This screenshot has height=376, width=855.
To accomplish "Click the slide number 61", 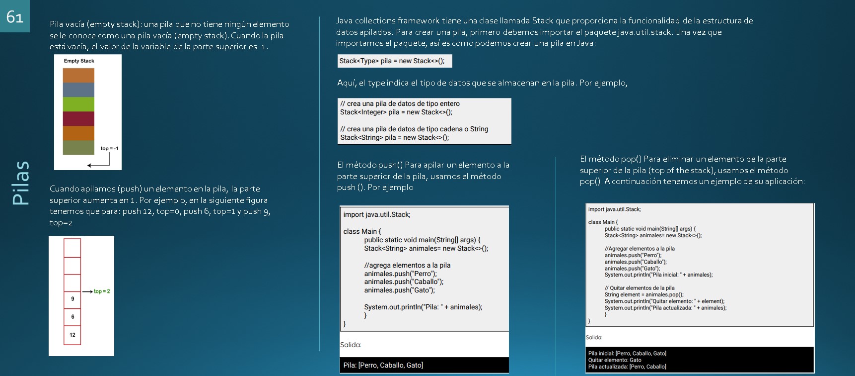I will pos(15,17).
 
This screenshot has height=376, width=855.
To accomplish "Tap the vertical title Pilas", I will pos(21,183).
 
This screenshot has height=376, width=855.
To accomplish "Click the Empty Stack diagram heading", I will pos(79,61).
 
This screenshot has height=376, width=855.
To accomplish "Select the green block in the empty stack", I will pos(78,104).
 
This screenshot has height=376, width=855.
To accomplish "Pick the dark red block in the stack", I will pos(78,119).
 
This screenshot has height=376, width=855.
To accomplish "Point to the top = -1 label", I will pos(109,148).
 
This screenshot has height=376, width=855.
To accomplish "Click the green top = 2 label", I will pos(102,291).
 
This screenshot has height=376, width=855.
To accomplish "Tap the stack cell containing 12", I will pos(72,335).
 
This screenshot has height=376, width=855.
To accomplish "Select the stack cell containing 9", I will pos(72,299).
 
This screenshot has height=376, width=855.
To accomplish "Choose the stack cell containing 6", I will pos(72,317).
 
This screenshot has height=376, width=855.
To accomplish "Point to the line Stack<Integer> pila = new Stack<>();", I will pos(396,112).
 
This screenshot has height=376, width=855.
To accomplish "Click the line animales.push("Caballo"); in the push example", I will pos(403,282).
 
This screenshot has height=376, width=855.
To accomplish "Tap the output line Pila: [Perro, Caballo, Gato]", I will pos(383,365).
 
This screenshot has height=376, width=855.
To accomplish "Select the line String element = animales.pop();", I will pos(643,294).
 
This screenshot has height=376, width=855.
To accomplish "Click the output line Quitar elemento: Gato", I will pos(615,360).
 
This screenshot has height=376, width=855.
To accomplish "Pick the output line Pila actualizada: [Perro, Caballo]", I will pos(627,367).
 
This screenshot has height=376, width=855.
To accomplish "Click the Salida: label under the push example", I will pos(351,345).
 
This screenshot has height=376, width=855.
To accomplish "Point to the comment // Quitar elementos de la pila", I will pos(639,288).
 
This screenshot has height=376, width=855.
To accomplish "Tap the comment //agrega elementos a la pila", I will pos(407,265).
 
